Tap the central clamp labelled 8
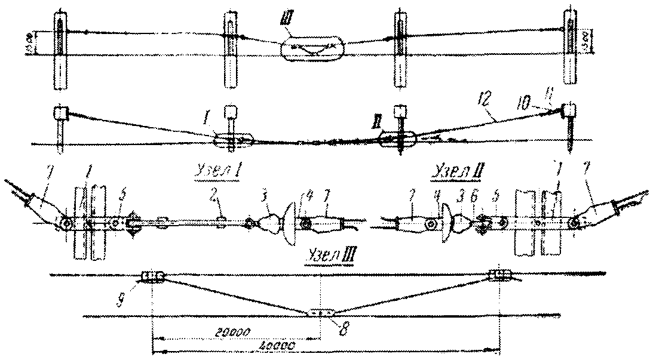point(320,312)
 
